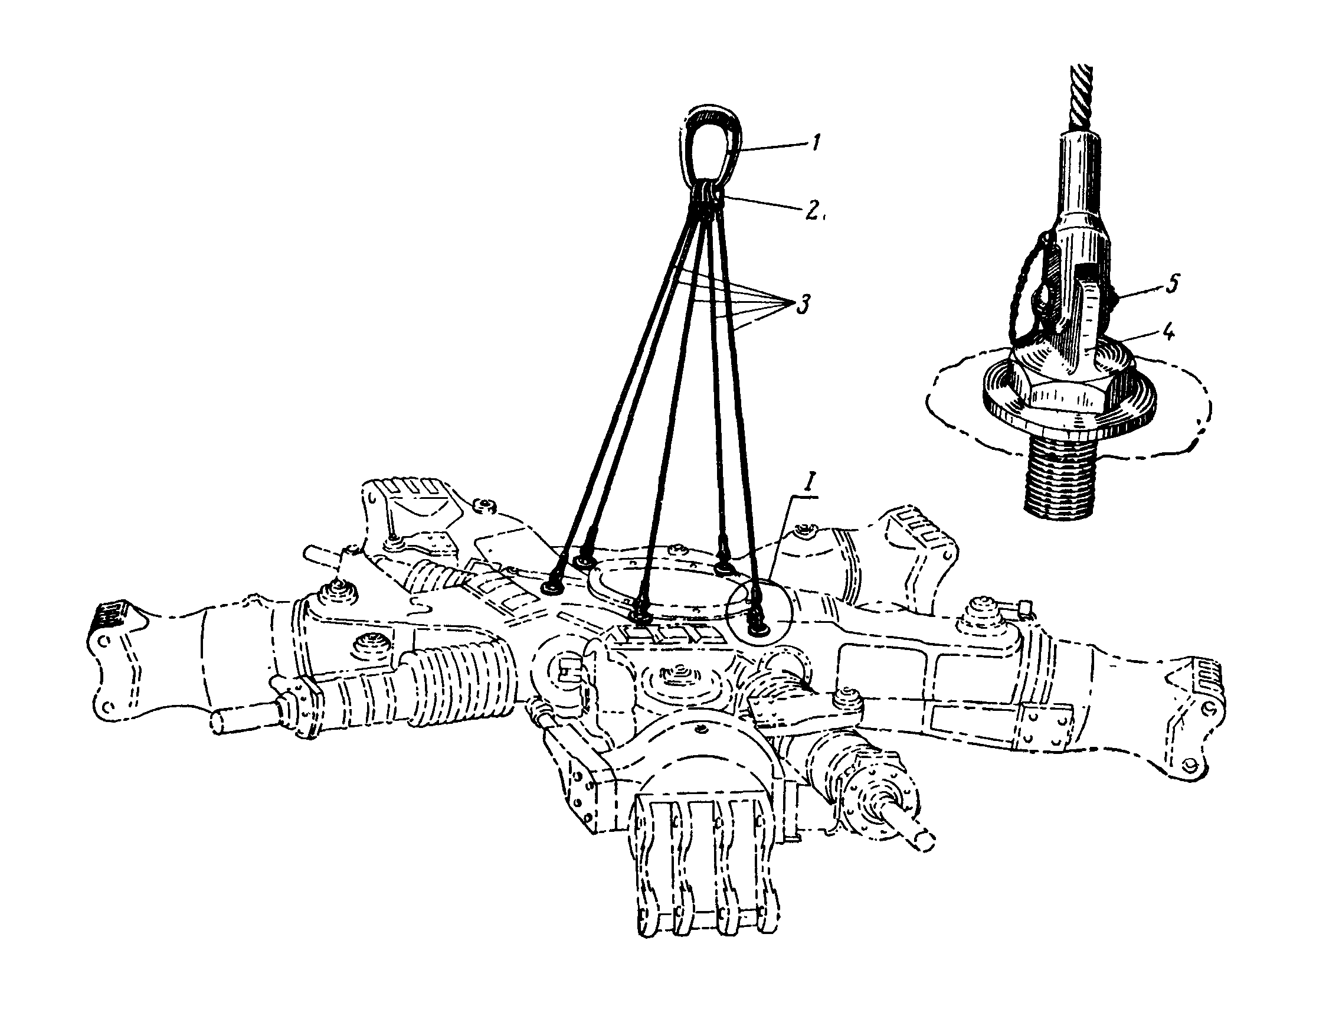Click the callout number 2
(x=815, y=211)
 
